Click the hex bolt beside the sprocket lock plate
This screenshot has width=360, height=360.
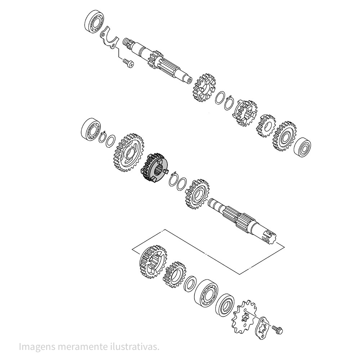[x=278, y=328]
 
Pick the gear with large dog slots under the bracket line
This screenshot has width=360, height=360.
[x=152, y=262]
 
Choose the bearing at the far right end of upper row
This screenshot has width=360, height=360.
[x=302, y=146]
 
